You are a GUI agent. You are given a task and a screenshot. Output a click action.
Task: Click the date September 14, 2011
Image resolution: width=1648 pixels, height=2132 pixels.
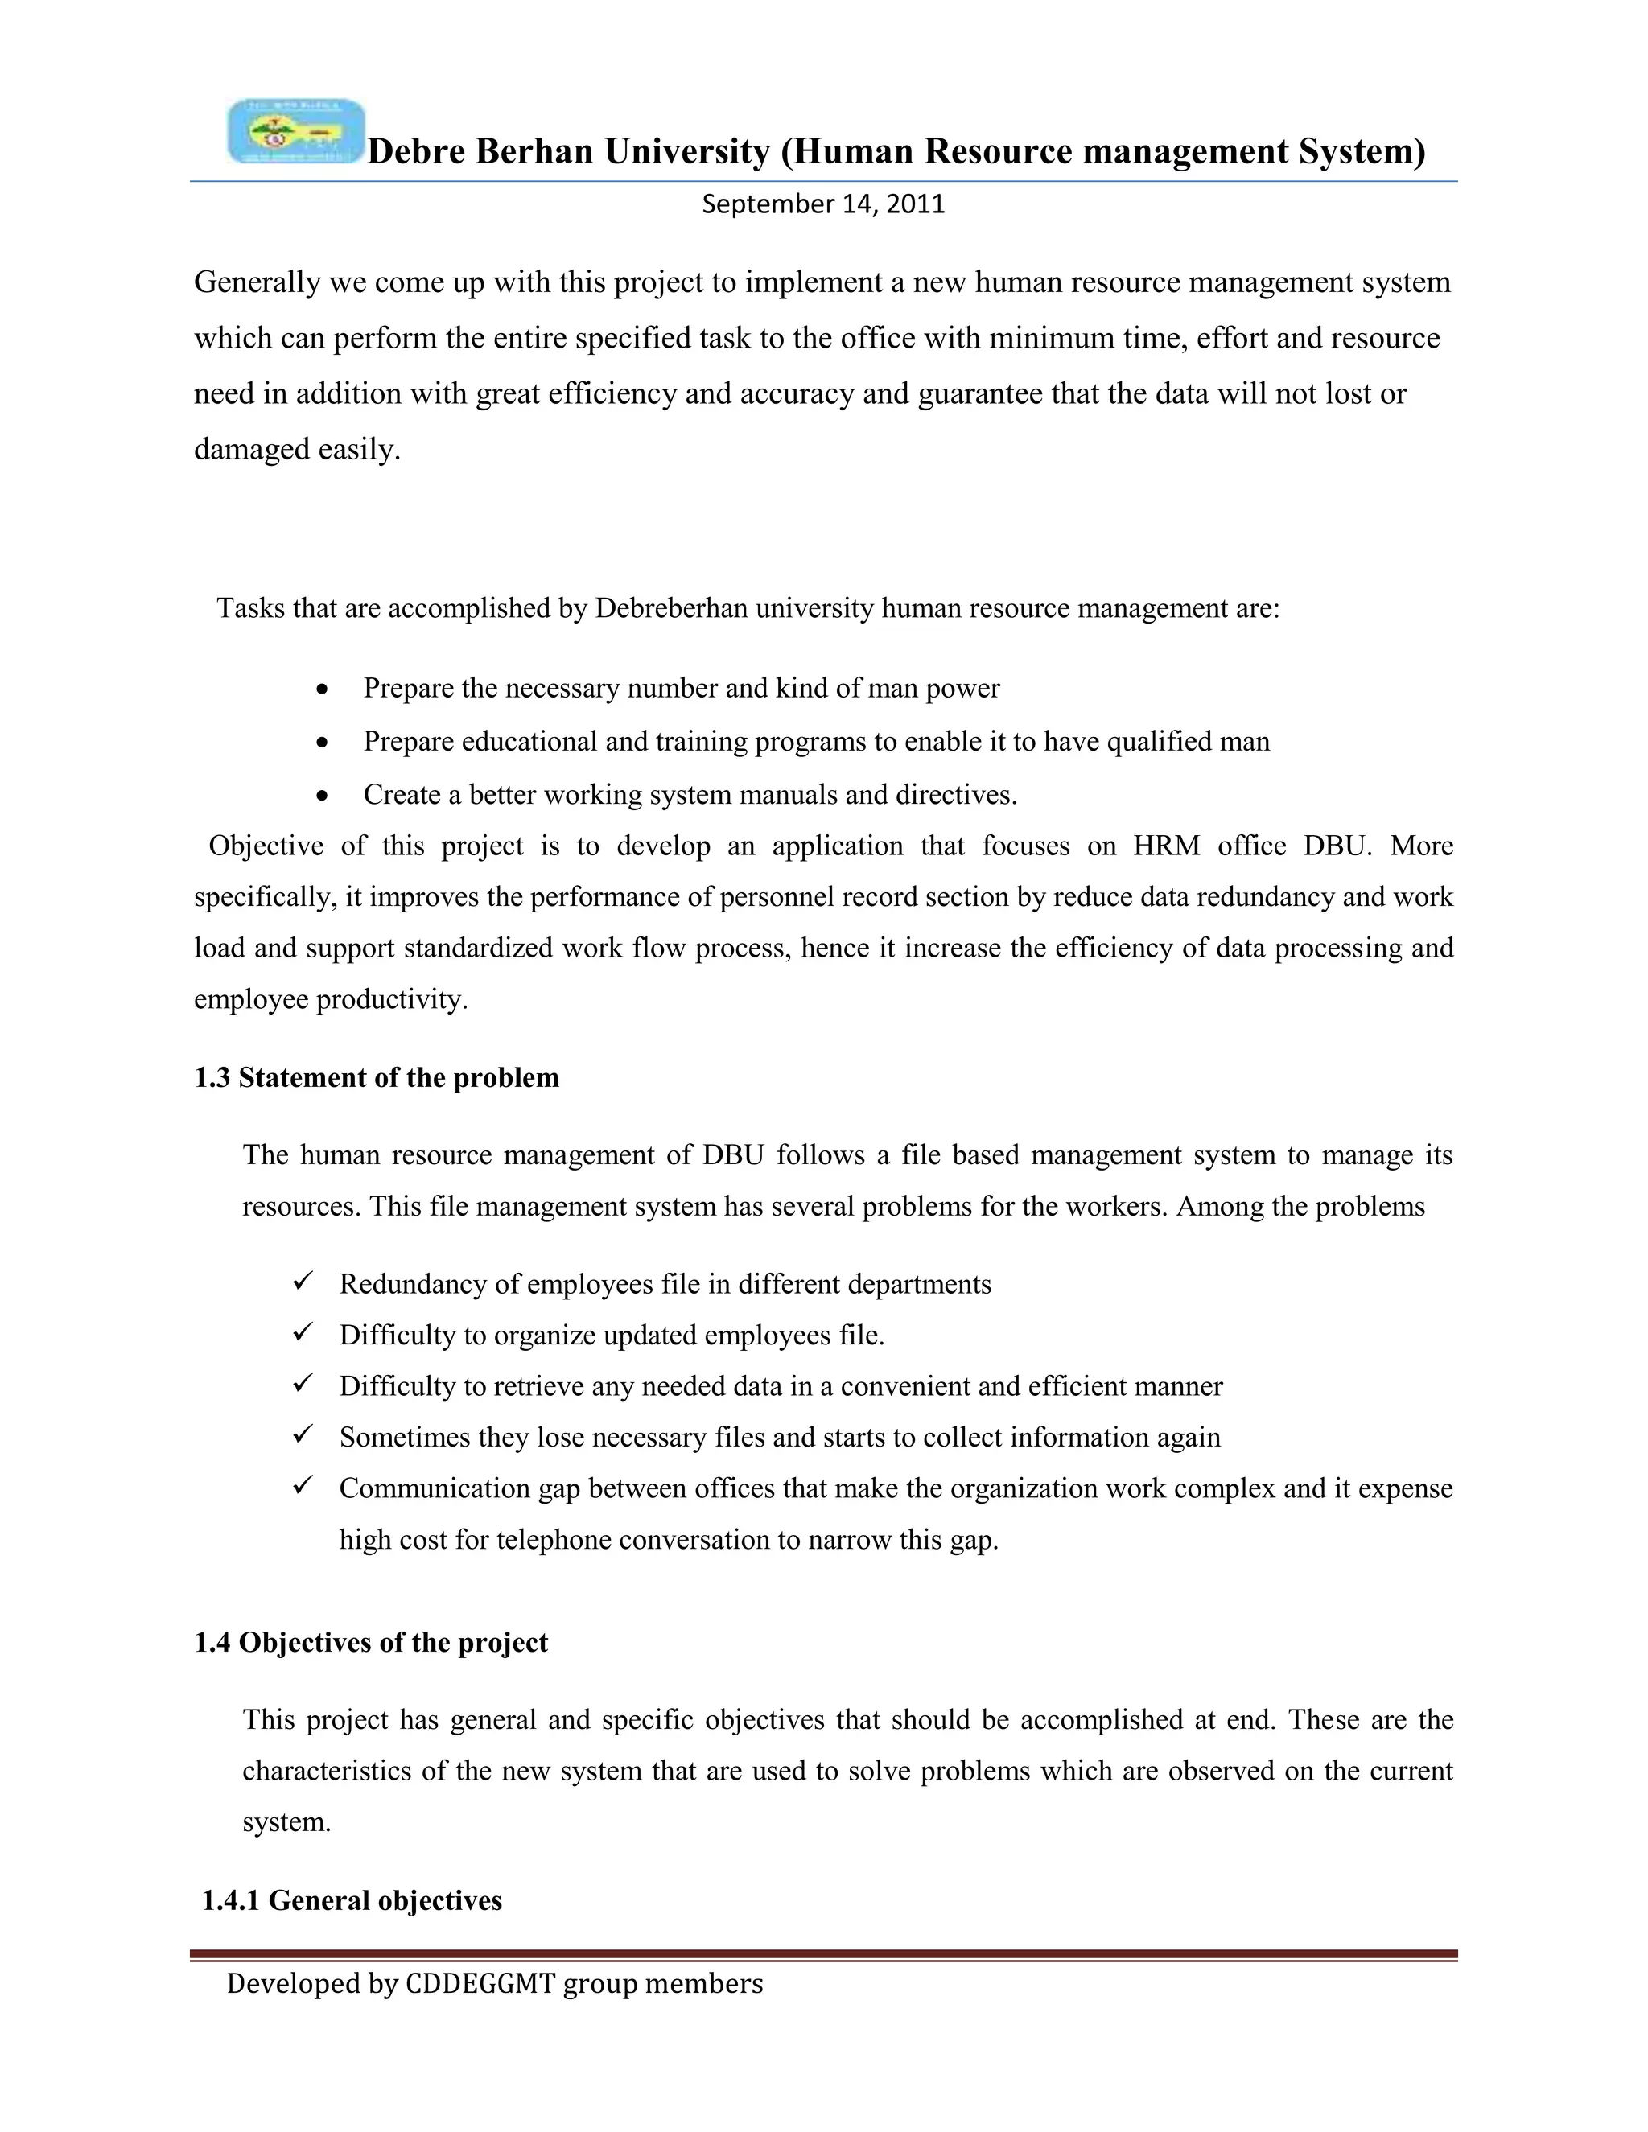tap(823, 204)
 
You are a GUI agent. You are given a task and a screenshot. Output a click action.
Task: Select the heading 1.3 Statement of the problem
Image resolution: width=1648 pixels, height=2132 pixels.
tap(376, 1078)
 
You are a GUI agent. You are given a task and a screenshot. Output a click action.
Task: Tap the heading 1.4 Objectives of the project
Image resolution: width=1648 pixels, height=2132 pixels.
tap(370, 1642)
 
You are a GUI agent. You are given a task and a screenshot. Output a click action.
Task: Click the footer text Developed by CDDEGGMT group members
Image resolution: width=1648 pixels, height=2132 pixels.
tap(494, 1984)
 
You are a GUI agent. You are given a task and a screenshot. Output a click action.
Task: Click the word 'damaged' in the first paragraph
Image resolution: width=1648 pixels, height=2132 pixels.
tap(252, 450)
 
